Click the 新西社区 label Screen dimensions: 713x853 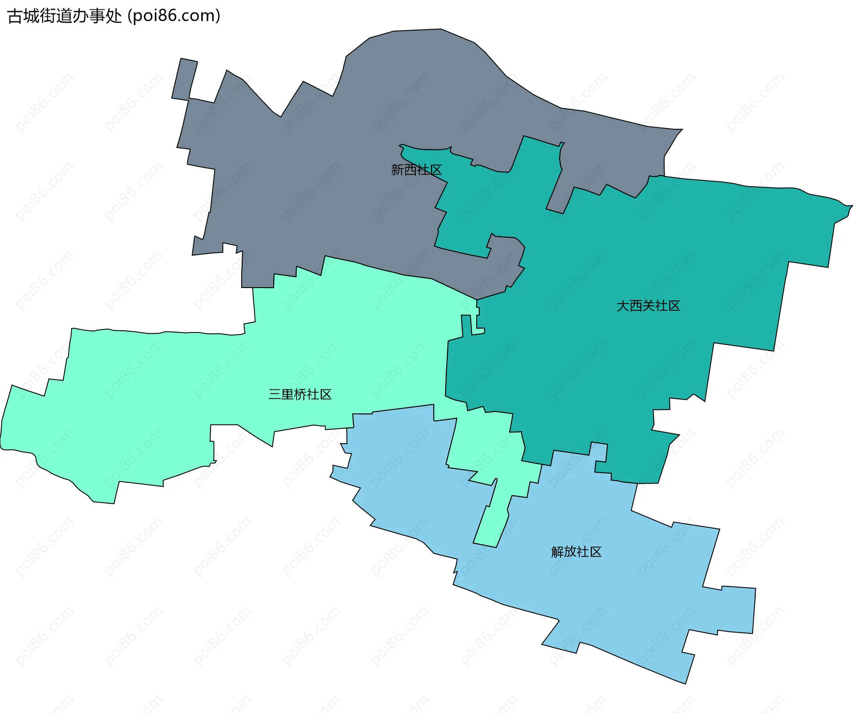tap(416, 170)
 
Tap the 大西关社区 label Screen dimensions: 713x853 tap(648, 306)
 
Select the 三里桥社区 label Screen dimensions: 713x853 tap(300, 394)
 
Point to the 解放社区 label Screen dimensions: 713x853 tap(576, 552)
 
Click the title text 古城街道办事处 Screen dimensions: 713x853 tap(64, 16)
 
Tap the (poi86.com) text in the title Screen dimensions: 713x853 tap(174, 16)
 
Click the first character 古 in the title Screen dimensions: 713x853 tap(15, 16)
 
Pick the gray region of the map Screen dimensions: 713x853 tap(311, 178)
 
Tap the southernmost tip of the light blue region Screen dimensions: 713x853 tap(685, 681)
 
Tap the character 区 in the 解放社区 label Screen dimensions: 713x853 tap(596, 552)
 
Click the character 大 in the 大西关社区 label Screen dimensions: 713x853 tap(623, 306)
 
